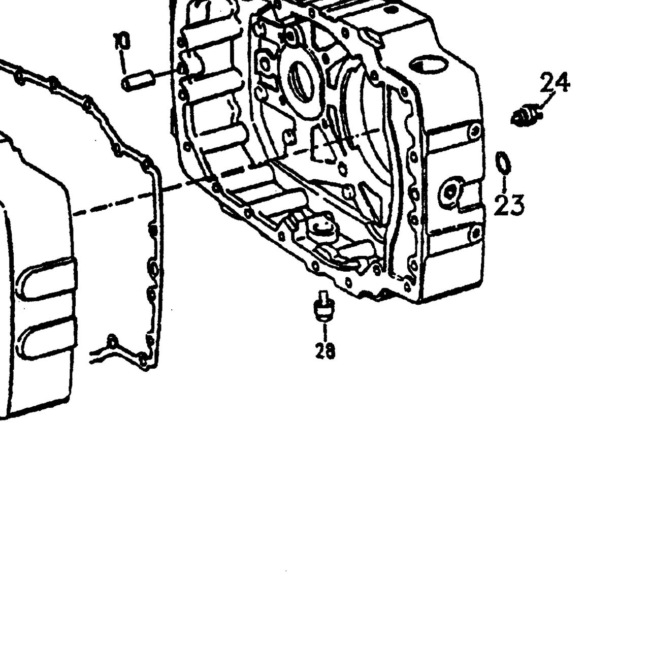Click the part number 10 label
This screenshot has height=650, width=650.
click(122, 42)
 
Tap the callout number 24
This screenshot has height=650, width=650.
click(554, 82)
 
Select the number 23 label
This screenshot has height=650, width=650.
click(509, 205)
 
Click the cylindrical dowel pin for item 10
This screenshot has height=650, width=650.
click(138, 80)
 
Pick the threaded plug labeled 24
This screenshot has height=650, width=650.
click(524, 116)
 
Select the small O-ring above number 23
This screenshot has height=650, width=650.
click(503, 163)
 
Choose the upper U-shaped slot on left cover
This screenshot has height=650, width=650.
click(48, 279)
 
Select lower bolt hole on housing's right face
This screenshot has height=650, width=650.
click(476, 232)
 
